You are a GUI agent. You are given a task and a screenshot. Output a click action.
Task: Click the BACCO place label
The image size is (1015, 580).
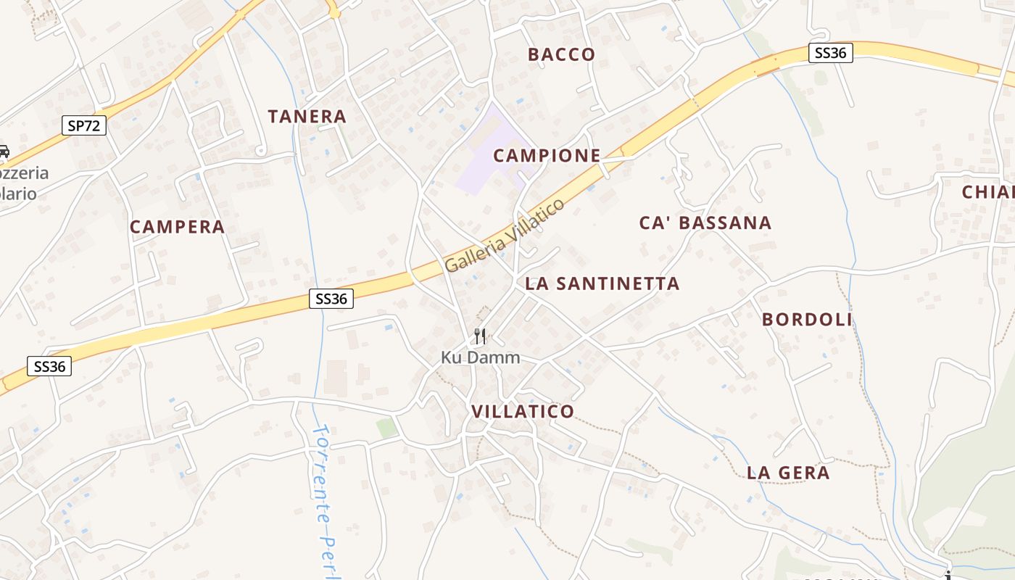tap(561, 54)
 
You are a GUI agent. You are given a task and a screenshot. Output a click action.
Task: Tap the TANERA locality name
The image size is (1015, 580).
tap(307, 116)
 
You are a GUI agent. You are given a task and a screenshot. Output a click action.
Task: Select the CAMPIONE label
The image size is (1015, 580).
tap(547, 155)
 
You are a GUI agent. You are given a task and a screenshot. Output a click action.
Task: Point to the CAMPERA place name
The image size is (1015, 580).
tap(177, 227)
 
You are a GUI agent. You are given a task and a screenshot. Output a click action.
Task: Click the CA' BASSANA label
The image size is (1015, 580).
tap(705, 223)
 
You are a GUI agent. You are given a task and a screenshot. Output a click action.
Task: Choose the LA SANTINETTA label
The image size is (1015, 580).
tap(602, 283)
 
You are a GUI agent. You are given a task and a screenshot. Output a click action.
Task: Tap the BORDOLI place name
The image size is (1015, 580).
tap(807, 320)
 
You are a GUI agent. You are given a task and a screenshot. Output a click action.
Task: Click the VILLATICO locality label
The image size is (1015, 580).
tap(523, 412)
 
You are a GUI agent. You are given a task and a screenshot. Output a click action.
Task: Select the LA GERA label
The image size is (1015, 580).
tap(788, 473)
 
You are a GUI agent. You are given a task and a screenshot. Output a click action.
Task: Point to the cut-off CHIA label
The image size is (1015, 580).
tap(988, 192)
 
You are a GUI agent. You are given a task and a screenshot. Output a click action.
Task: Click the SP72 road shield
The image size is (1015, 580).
tap(85, 125)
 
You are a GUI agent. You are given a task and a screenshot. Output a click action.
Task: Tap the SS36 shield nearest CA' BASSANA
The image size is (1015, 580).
tap(830, 53)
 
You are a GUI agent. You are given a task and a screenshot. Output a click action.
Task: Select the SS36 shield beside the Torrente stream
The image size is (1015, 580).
tap(331, 298)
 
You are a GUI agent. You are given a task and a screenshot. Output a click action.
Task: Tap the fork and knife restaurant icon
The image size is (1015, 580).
tap(479, 336)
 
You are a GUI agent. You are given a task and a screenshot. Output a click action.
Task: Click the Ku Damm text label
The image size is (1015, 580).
tap(480, 357)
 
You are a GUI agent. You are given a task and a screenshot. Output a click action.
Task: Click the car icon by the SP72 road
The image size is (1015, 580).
tap(4, 152)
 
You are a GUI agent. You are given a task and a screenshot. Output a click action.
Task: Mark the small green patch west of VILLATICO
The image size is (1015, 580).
tap(386, 428)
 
